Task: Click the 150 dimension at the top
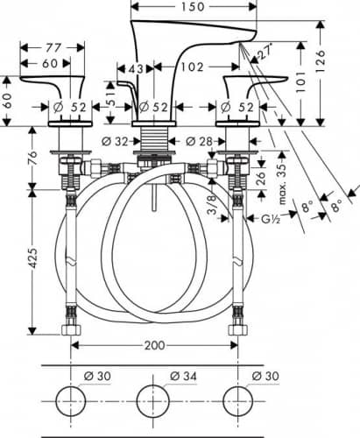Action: (x=193, y=6)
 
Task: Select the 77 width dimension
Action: (x=53, y=47)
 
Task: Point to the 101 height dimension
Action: (x=300, y=82)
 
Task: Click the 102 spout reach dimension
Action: (x=192, y=67)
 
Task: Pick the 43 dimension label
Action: (x=136, y=69)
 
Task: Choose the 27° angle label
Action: (x=265, y=52)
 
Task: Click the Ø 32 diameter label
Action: (x=115, y=142)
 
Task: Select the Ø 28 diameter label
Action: (x=199, y=141)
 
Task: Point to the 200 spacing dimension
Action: (x=155, y=345)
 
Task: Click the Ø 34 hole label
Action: (x=183, y=376)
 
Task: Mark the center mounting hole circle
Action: (x=153, y=401)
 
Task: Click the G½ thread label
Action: (x=271, y=218)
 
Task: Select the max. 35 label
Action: (x=282, y=184)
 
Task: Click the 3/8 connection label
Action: (x=212, y=204)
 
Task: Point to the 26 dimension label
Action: (x=262, y=178)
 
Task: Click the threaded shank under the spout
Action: (x=155, y=138)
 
